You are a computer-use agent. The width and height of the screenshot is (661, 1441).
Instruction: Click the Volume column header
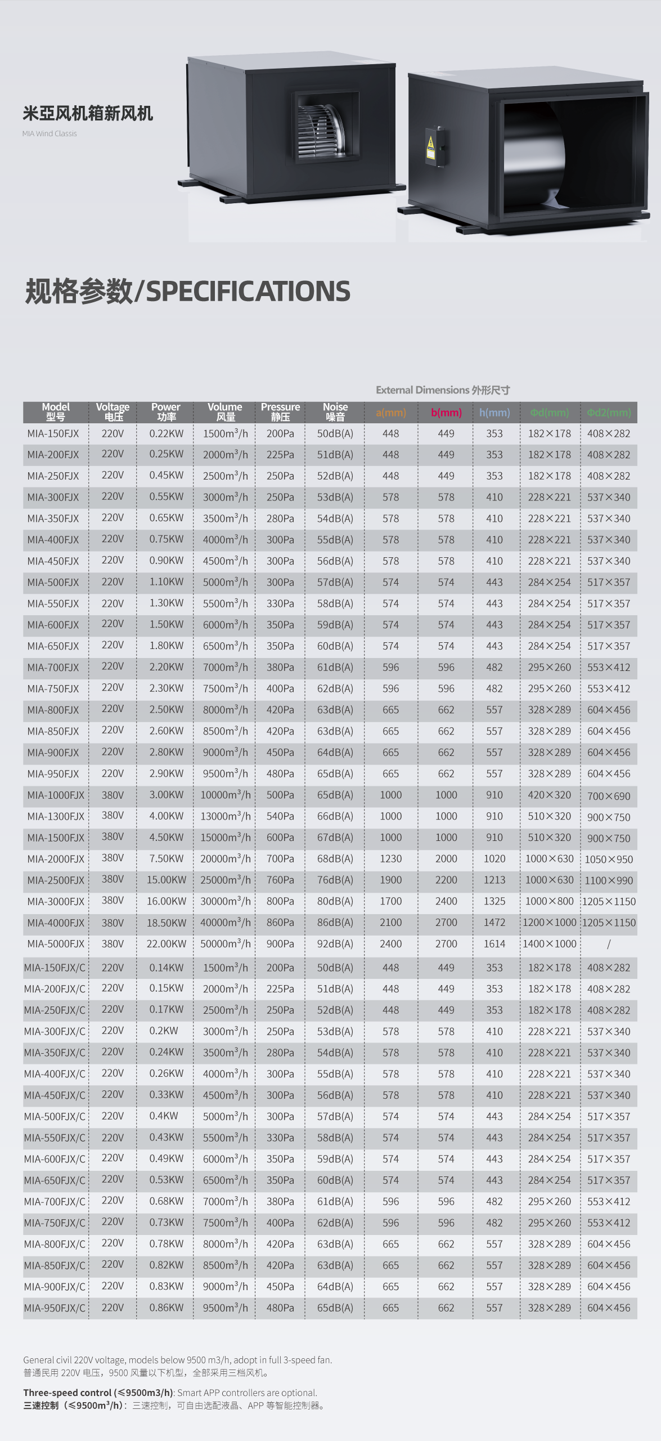coord(225,412)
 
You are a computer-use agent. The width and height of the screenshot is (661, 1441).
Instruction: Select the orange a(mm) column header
coord(390,413)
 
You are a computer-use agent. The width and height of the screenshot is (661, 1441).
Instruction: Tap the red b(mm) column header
coord(446,413)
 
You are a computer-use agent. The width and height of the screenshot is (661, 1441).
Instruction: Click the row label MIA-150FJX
coord(53,434)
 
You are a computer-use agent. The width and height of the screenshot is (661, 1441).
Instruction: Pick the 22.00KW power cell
coord(167,944)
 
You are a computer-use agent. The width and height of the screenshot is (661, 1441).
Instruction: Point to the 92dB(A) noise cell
coord(335,944)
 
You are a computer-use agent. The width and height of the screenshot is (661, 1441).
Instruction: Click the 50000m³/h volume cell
coord(225,944)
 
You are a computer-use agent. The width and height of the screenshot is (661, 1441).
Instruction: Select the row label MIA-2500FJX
coord(56,880)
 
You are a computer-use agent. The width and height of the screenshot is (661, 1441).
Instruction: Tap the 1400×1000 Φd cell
coord(550,944)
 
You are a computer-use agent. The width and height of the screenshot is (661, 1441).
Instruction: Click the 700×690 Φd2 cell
coord(609,796)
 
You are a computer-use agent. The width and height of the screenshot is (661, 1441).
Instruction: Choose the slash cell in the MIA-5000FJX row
coord(609,944)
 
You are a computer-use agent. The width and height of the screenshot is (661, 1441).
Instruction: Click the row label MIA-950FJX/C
coord(55,1308)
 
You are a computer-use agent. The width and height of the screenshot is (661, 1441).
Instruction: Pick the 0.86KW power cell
coord(167,1308)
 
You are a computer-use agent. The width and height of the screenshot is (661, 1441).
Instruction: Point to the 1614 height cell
coord(494,944)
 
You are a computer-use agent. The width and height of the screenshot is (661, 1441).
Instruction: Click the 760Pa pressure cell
coord(280,880)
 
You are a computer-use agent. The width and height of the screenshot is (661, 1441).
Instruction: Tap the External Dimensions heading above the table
coord(443,390)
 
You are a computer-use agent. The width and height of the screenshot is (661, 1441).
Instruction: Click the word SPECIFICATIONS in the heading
coord(248,292)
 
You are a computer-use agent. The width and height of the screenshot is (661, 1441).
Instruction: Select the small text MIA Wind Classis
coord(50,134)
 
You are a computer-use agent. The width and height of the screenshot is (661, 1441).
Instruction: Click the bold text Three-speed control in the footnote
coord(68,1393)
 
